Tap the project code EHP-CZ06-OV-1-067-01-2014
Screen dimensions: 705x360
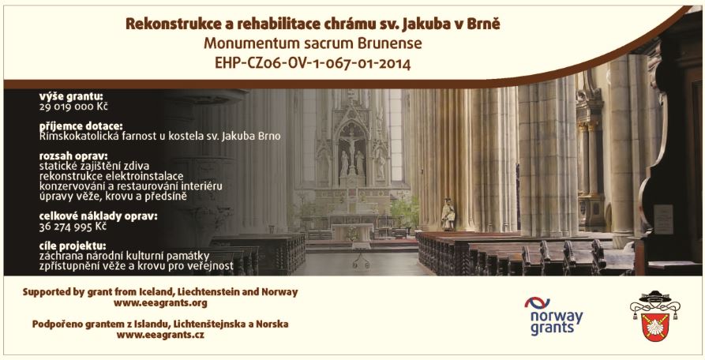pyautogui.click(x=313, y=63)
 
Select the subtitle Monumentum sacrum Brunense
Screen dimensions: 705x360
pyautogui.click(x=313, y=43)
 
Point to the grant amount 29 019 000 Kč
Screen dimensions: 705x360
pyautogui.click(x=73, y=107)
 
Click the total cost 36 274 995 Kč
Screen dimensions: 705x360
pyautogui.click(x=73, y=227)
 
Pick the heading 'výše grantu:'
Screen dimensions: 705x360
pyautogui.click(x=71, y=96)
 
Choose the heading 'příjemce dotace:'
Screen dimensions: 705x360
pyautogui.click(x=81, y=127)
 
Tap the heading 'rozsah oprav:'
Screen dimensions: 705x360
pyautogui.click(x=73, y=157)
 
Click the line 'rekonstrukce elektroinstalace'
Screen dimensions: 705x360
pyautogui.click(x=111, y=176)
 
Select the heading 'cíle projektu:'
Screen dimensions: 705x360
pyautogui.click(x=73, y=246)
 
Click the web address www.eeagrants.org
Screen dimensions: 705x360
pyautogui.click(x=160, y=303)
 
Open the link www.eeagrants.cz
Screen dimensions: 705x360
pyautogui.click(x=160, y=335)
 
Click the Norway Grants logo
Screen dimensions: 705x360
pyautogui.click(x=553, y=316)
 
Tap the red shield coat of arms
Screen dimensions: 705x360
pyautogui.click(x=655, y=327)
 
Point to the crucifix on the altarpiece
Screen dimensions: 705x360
pyautogui.click(x=351, y=148)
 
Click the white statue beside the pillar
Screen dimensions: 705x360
pyautogui.click(x=448, y=214)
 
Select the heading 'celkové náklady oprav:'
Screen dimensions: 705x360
pyautogui.click(x=99, y=216)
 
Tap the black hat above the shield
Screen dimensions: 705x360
pyautogui.click(x=655, y=297)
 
